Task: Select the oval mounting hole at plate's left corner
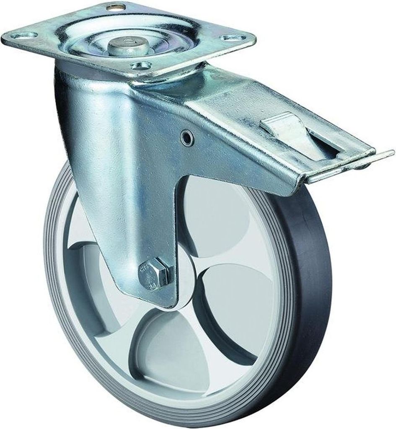click(x=24, y=35)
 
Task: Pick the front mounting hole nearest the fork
click(x=141, y=65)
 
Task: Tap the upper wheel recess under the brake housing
click(x=218, y=218)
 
